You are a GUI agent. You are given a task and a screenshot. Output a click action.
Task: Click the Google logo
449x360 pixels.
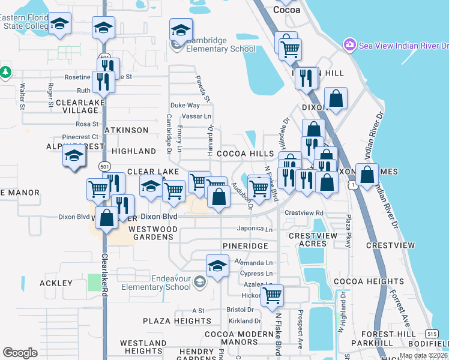(20, 352)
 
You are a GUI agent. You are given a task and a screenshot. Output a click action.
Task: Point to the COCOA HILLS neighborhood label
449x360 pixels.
(245, 154)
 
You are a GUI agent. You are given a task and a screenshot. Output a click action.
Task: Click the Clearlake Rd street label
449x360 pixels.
(104, 273)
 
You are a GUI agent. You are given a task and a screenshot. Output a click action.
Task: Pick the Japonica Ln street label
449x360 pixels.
(255, 229)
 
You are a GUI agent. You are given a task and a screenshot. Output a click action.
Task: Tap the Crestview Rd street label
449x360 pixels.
(304, 213)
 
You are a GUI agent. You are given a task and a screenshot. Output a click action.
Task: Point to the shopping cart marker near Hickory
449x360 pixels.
(273, 295)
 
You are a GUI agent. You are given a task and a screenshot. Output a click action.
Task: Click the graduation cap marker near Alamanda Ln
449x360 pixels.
(217, 265)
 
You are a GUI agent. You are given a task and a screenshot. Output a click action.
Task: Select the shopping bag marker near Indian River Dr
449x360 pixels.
(367, 175)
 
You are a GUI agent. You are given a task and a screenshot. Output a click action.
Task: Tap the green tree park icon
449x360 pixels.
(6, 72)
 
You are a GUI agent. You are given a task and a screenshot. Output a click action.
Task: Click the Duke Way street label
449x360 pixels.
(184, 105)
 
